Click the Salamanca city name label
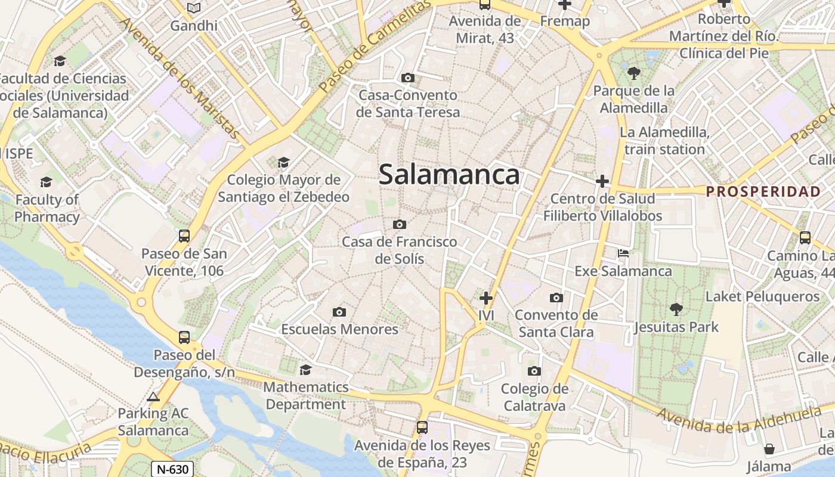tap(449, 175)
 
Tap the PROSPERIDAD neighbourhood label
tap(763, 191)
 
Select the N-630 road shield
tap(172, 469)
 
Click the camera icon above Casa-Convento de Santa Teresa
tap(408, 78)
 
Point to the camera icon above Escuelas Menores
tap(339, 312)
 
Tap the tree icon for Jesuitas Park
tap(676, 309)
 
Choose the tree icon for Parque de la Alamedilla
tap(633, 73)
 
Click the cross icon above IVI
tap(486, 297)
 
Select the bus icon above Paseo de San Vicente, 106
tap(184, 236)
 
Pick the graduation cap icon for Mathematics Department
tap(305, 370)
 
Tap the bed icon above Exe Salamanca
tap(623, 253)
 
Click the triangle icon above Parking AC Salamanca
tap(153, 397)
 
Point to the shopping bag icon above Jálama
tap(769, 449)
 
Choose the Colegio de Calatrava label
tap(534, 397)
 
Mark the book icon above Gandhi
tap(194, 8)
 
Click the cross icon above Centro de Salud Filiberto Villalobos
tap(602, 181)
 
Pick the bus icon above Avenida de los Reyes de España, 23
tap(422, 427)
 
